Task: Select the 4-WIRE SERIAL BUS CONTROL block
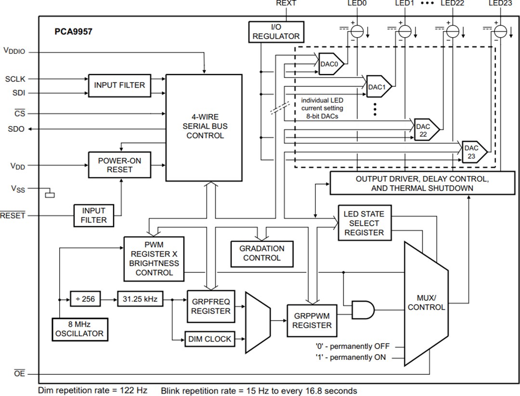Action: coord(204,128)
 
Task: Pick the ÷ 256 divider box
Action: coord(85,299)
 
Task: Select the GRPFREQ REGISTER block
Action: coord(210,306)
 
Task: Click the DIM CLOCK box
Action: coord(210,339)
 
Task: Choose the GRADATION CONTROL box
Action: coord(261,253)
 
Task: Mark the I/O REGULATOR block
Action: coord(276,31)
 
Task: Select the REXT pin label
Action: coord(286,3)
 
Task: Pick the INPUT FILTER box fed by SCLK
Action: coord(119,85)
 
